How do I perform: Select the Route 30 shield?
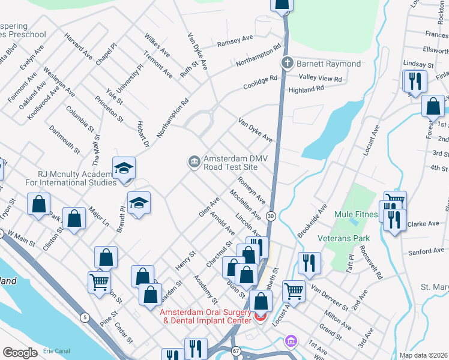click(x=271, y=216)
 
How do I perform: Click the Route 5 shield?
click(x=85, y=317)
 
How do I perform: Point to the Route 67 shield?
click(x=237, y=350)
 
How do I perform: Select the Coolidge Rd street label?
click(x=261, y=82)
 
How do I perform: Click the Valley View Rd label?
click(x=321, y=79)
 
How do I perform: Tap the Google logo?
click(x=19, y=353)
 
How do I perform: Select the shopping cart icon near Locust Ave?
click(x=294, y=291)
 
